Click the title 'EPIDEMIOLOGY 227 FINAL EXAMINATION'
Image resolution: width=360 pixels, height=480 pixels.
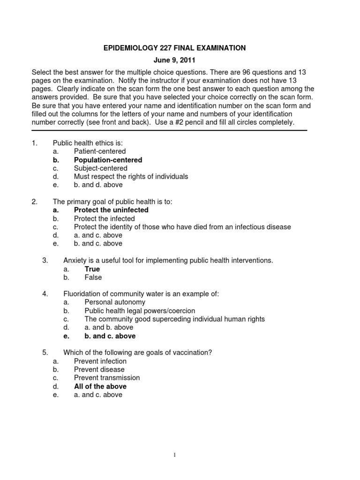click(x=174, y=48)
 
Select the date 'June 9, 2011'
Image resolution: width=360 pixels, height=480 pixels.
click(x=174, y=61)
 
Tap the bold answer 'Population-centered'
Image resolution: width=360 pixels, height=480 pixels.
click(x=108, y=160)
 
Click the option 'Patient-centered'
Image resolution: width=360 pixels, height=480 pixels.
click(x=100, y=151)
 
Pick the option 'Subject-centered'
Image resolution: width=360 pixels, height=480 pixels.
click(x=100, y=168)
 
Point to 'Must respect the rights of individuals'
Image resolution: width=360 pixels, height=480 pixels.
click(x=131, y=177)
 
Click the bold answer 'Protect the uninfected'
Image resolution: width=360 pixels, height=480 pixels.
click(x=111, y=210)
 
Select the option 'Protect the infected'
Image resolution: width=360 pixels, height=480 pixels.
click(x=104, y=218)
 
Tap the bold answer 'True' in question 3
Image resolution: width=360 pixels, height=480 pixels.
click(x=92, y=269)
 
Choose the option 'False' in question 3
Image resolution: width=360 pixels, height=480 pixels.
click(x=93, y=277)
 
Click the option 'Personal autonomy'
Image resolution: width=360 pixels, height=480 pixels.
click(x=115, y=302)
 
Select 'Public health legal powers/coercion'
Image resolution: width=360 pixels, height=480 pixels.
click(x=140, y=311)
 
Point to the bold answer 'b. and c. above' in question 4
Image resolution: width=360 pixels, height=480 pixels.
click(x=110, y=336)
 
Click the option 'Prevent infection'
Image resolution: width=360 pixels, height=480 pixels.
click(x=100, y=361)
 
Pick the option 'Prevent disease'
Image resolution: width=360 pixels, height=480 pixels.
click(x=99, y=369)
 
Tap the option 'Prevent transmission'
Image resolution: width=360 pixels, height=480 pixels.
click(x=107, y=378)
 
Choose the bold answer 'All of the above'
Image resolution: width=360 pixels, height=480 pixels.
click(x=100, y=387)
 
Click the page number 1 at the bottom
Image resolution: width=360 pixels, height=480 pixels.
click(x=174, y=455)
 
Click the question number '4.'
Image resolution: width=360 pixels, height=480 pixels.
click(x=45, y=294)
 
